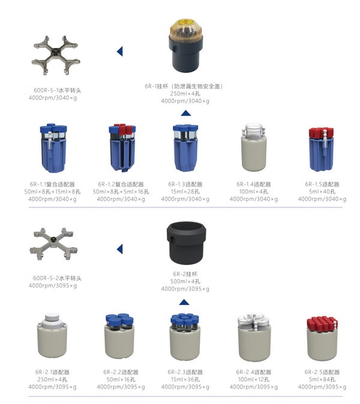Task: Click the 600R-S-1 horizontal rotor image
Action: tap(56, 55)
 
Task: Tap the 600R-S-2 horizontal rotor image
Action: tap(53, 244)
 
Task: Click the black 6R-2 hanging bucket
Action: tap(186, 242)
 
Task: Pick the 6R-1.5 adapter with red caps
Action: tap(322, 149)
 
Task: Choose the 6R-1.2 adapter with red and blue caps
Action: tap(122, 148)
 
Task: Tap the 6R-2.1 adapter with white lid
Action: tap(52, 336)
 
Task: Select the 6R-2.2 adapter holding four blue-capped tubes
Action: tap(119, 336)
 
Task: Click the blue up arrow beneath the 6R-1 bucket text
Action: tap(186, 113)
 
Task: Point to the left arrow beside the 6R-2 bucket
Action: tap(119, 249)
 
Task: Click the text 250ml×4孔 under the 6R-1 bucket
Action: tap(185, 94)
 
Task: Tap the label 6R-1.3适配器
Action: tap(185, 184)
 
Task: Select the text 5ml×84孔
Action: tap(322, 379)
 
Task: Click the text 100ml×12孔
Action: tap(253, 379)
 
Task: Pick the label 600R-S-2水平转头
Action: tap(57, 278)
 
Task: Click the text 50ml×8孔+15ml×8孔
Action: tap(52, 192)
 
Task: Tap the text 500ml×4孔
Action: tap(185, 281)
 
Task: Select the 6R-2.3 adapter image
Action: tap(185, 337)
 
